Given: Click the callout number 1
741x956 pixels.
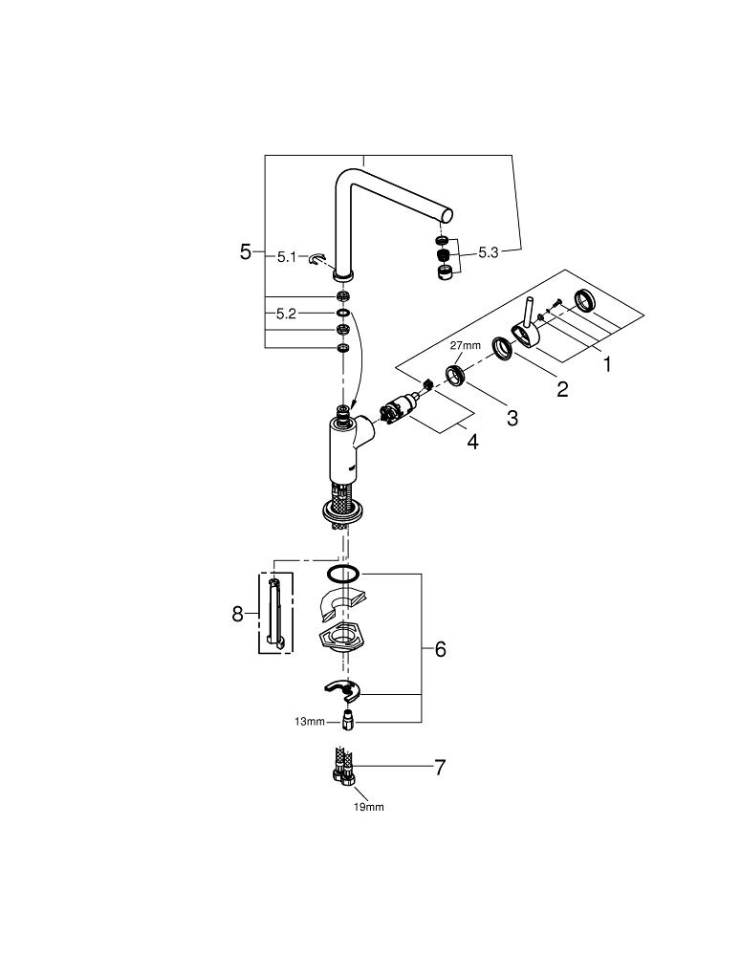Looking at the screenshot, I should pos(605,363).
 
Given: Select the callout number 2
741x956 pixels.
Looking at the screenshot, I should pos(562,389).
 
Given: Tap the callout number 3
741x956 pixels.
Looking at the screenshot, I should pos(512,418).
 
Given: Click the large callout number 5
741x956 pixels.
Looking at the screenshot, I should pos(246,252).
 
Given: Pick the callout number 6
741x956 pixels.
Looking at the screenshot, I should pos(440,649).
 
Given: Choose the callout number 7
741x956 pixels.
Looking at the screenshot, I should pos(440,767).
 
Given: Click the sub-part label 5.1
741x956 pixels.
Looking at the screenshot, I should pos(288,256).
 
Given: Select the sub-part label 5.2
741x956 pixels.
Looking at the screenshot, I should pos(288,313).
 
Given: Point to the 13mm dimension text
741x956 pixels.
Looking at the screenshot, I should pos(310,721).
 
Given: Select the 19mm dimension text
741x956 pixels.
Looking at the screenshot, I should pos(368,807).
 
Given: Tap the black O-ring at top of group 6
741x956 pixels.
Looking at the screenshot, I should pos(342,575).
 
